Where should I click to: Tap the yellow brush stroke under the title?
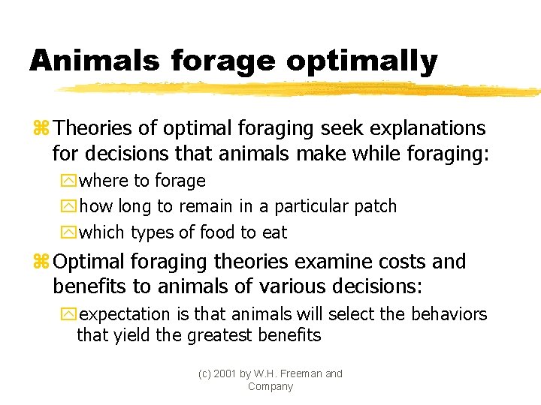pyautogui.click(x=301, y=89)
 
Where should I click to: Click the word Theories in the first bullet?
pyautogui.click(x=92, y=128)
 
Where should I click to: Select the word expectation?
pyautogui.click(x=125, y=314)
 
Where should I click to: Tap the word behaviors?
pyautogui.click(x=447, y=314)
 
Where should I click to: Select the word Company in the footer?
pyautogui.click(x=270, y=386)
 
